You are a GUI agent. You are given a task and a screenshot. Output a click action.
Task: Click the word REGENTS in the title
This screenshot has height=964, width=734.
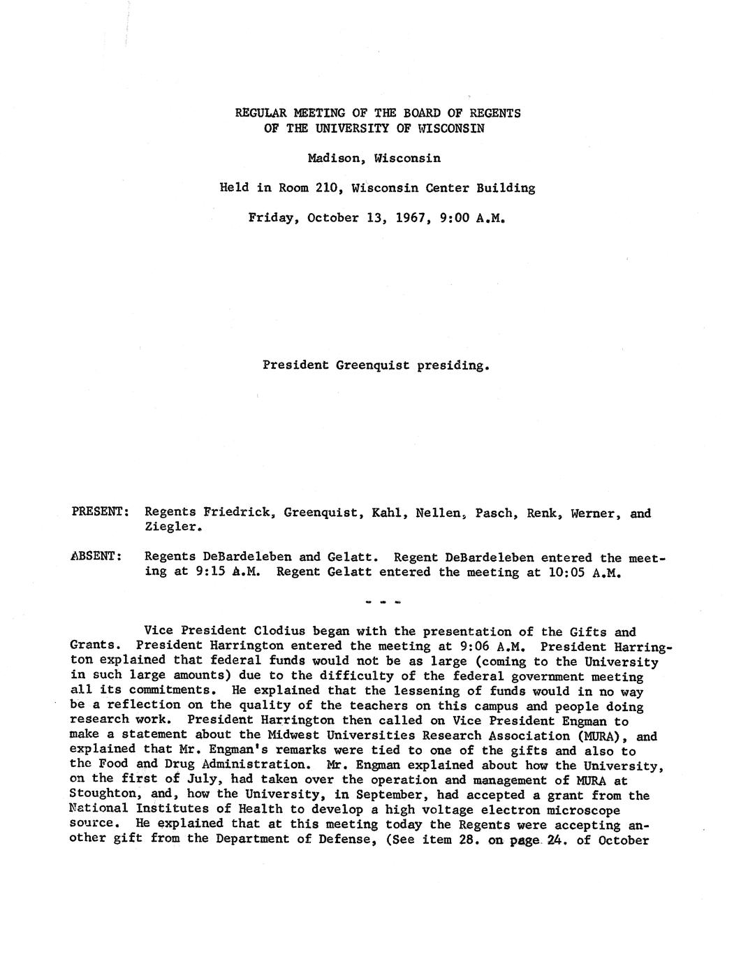click(494, 112)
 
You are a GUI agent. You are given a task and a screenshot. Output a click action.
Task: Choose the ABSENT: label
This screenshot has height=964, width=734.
click(97, 557)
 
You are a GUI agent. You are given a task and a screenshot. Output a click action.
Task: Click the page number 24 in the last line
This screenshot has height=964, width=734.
click(555, 840)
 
